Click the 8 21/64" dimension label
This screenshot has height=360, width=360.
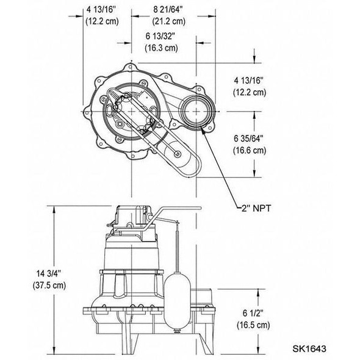162,9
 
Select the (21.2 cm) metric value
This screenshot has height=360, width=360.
162,21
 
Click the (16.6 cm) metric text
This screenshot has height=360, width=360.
250,149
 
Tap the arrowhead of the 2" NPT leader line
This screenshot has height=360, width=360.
204,134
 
